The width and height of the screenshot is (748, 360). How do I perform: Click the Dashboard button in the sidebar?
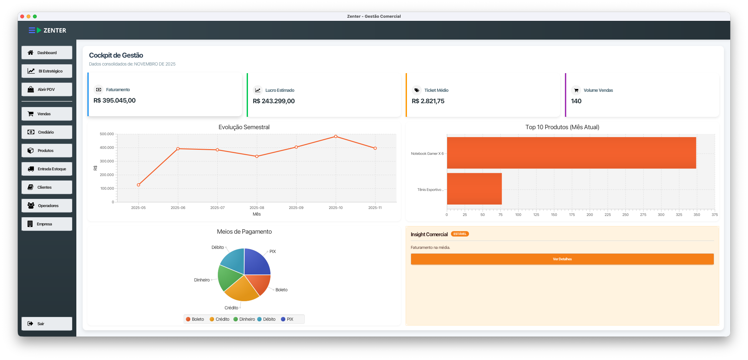[x=47, y=53]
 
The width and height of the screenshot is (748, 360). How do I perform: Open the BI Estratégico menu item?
[x=47, y=71]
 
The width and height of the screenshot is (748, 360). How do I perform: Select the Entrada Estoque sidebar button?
[x=47, y=169]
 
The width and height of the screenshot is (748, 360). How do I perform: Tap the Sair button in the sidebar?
[x=47, y=324]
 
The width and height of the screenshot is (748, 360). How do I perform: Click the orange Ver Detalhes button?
[x=562, y=259]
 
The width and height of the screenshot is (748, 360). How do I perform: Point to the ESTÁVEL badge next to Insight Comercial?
[x=460, y=234]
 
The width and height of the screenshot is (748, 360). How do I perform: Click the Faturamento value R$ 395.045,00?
[x=115, y=100]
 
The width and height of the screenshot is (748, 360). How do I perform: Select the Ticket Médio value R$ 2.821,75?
[x=428, y=101]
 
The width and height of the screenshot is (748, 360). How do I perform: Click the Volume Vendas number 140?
[x=576, y=101]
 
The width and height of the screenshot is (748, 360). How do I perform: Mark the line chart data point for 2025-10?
[x=336, y=136]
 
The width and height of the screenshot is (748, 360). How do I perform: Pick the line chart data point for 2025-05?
[x=138, y=185]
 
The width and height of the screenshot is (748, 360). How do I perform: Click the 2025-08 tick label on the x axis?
[x=257, y=208]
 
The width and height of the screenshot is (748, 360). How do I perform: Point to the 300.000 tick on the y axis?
[x=107, y=161]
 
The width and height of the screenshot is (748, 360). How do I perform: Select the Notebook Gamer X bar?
[x=571, y=153]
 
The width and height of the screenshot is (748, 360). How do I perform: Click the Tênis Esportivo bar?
[x=474, y=189]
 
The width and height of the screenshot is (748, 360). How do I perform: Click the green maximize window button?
[x=35, y=16]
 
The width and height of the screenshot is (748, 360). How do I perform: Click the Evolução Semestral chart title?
[x=244, y=127]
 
